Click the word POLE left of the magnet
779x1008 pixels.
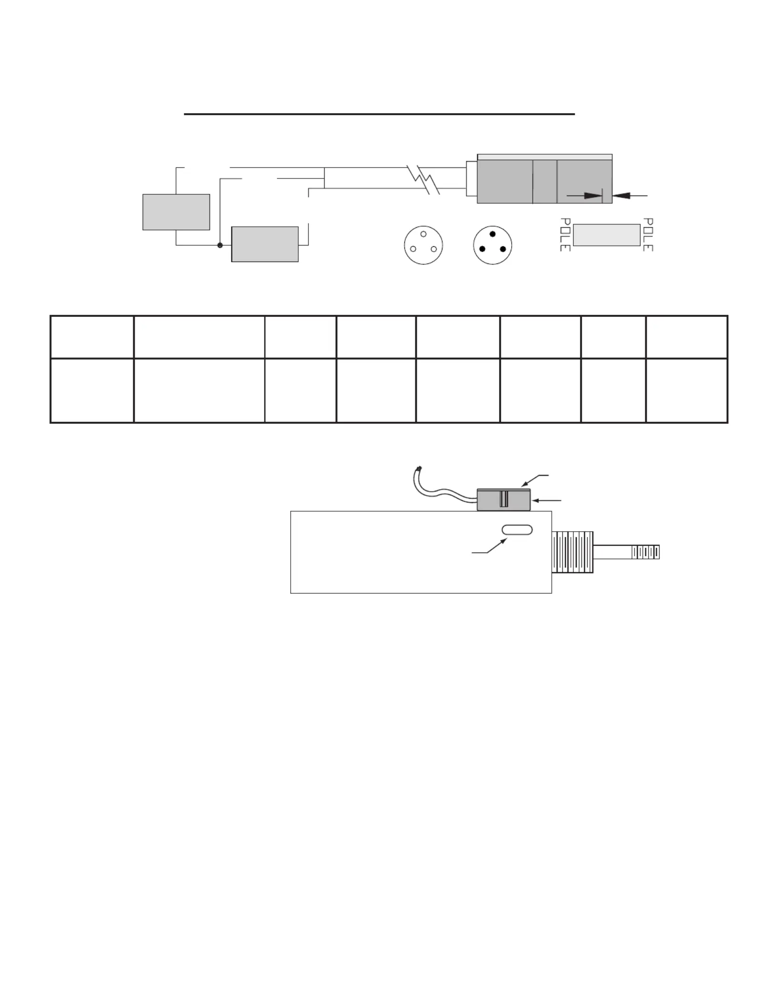(565, 235)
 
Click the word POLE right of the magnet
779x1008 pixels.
(648, 235)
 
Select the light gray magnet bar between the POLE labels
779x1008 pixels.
(607, 235)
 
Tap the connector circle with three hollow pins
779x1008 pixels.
(423, 245)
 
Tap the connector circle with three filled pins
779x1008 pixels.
(493, 245)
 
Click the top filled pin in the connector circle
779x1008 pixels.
(493, 234)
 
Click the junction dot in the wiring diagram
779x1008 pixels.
(220, 245)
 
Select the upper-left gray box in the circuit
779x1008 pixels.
(176, 212)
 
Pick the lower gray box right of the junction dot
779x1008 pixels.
(265, 244)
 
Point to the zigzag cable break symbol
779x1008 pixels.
(423, 179)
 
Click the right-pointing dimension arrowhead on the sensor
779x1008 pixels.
(593, 196)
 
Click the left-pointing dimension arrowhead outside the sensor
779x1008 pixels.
(621, 196)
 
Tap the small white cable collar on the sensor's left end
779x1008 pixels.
(472, 179)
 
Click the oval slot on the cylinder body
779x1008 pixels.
(517, 530)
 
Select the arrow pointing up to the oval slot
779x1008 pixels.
(489, 546)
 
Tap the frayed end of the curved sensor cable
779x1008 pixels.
(419, 469)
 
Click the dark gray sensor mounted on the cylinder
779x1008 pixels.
(504, 500)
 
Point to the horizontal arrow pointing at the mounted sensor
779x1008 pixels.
(547, 501)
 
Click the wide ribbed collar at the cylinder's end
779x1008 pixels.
(572, 552)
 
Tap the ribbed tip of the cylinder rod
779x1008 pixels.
(645, 552)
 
